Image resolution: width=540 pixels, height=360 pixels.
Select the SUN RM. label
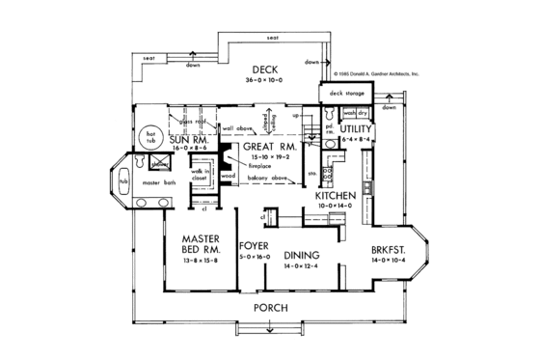coord(189,141)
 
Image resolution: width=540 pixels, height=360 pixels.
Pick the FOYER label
coord(254,245)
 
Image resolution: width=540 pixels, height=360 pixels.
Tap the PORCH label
coord(271,307)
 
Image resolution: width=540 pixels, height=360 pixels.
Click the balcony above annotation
coord(267,178)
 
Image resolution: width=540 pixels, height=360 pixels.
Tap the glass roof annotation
coord(198,121)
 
